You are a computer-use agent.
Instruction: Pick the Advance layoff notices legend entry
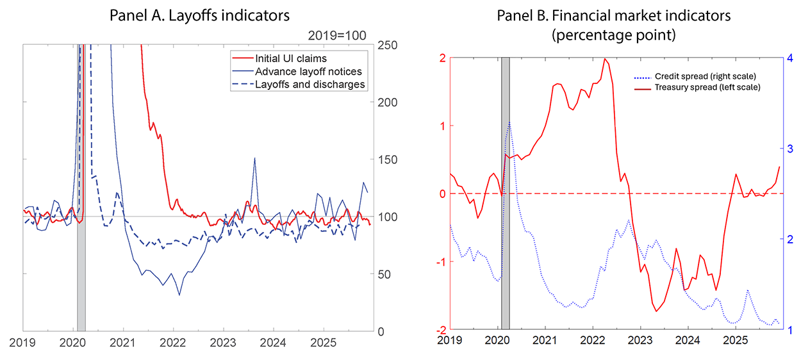point(308,71)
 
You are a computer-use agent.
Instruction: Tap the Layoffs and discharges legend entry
point(310,84)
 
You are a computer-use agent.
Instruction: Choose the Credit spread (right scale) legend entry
point(713,76)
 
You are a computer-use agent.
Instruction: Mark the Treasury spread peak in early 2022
point(604,59)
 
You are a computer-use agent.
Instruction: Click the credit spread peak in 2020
point(509,122)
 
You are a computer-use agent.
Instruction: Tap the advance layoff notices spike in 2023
point(254,158)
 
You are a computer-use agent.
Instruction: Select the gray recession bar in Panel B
point(506,192)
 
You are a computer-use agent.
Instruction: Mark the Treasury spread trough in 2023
point(656,311)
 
